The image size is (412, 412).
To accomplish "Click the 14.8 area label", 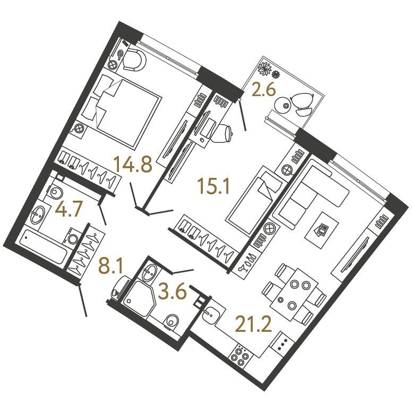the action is (x=133, y=164).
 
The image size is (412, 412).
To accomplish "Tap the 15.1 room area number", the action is (x=214, y=186).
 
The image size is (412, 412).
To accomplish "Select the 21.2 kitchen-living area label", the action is (x=253, y=324).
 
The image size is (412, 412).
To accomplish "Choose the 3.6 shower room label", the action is (x=173, y=291).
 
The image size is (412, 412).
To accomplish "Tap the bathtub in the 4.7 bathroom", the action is (x=44, y=248).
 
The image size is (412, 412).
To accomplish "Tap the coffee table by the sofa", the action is (x=322, y=229).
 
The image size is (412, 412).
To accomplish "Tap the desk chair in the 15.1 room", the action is (x=222, y=133).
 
